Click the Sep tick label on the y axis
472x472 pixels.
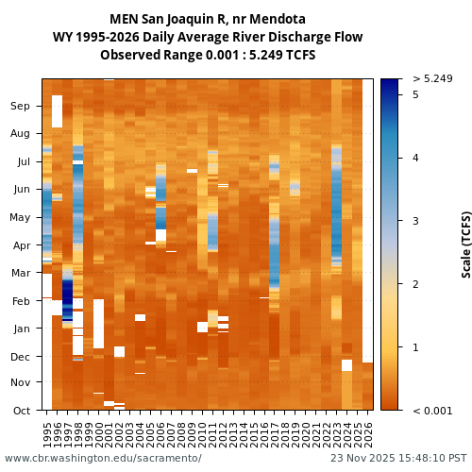click(20, 107)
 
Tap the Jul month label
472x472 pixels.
click(23, 162)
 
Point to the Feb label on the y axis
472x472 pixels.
click(21, 301)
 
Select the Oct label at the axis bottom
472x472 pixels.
click(21, 411)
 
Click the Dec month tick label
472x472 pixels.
click(20, 356)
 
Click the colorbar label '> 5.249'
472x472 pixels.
click(432, 78)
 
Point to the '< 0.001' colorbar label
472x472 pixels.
click(432, 411)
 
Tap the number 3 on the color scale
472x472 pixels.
click(415, 221)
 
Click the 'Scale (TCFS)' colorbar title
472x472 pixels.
click(466, 244)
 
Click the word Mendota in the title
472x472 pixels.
click(274, 19)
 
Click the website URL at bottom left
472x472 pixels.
click(103, 459)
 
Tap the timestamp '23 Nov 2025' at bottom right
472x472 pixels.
click(362, 459)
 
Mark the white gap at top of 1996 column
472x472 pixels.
click(57, 110)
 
